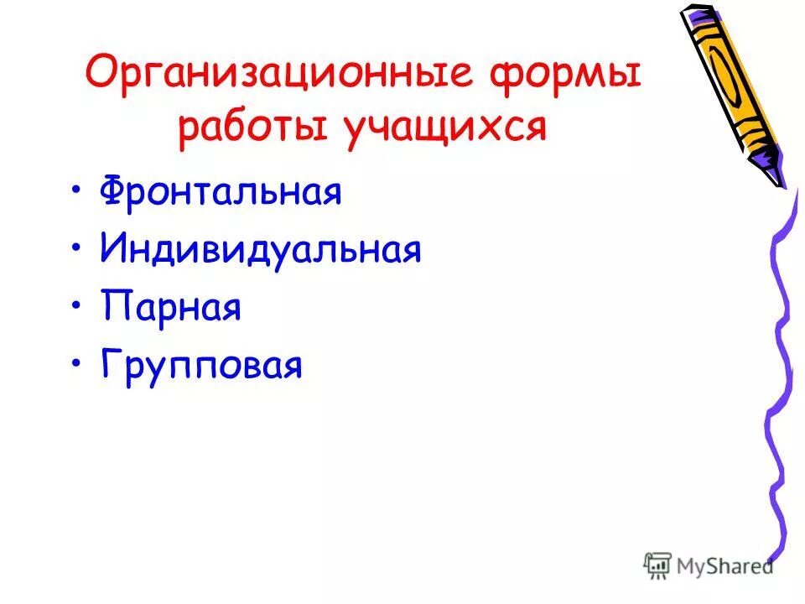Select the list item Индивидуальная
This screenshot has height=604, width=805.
[x=260, y=250]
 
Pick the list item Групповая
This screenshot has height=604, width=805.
[x=201, y=367]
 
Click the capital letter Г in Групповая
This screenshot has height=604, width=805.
[x=110, y=366]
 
